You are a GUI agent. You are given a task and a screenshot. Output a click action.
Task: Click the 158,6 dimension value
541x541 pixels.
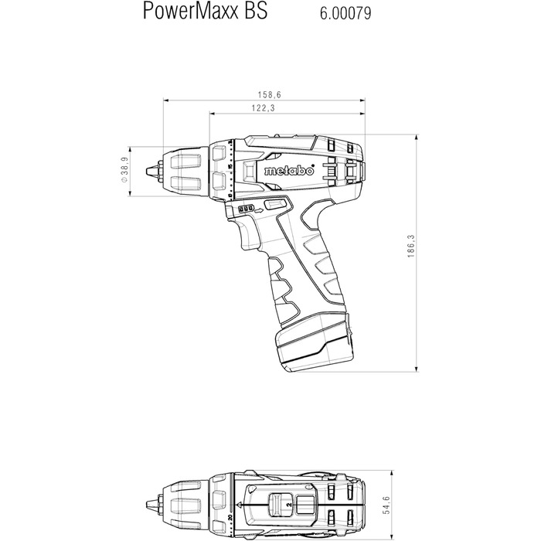(x=270, y=94)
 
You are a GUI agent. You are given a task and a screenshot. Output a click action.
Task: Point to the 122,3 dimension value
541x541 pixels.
(x=264, y=109)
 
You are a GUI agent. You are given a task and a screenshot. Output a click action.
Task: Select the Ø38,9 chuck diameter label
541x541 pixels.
(x=124, y=169)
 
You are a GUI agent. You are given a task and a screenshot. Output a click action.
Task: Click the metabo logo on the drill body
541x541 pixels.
(x=287, y=171)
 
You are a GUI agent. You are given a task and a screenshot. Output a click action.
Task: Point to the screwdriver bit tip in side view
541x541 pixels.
(x=146, y=170)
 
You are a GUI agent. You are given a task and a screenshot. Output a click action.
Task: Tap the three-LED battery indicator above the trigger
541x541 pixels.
(x=246, y=209)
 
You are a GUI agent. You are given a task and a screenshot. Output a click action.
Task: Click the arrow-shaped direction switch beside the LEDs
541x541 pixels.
(x=274, y=206)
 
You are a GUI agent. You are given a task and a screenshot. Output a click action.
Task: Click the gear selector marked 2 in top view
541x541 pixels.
(x=285, y=505)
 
